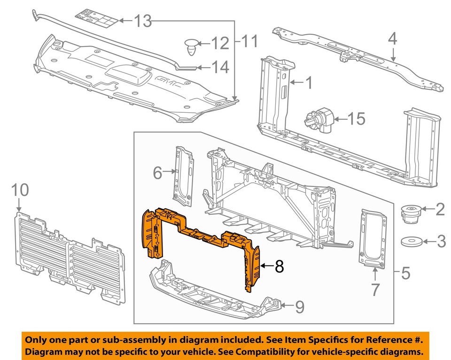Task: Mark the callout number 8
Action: [x=279, y=266]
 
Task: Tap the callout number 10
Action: [x=20, y=190]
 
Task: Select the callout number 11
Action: [x=249, y=42]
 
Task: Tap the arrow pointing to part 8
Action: [x=266, y=266]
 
